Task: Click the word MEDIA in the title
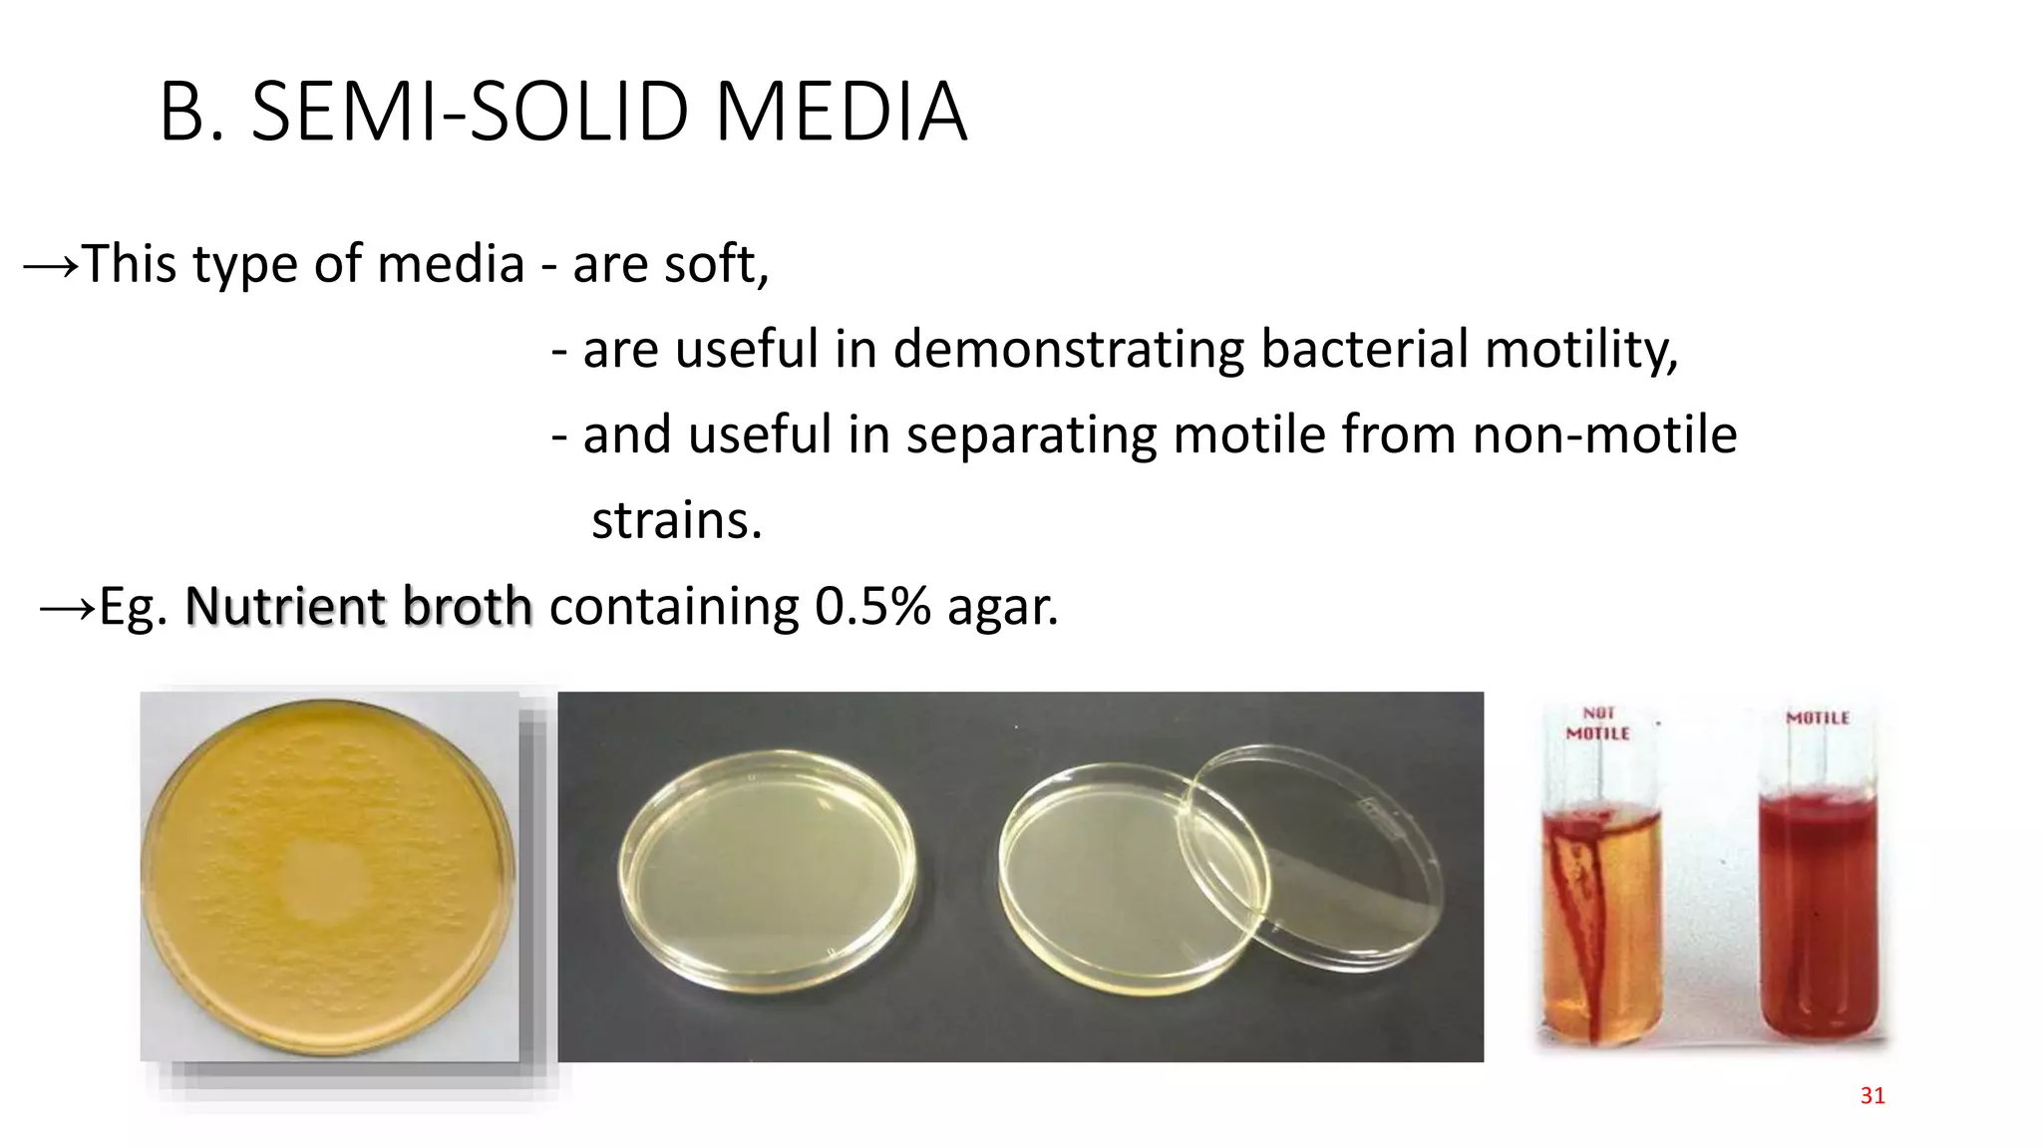(x=841, y=112)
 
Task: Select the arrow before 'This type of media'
(x=50, y=266)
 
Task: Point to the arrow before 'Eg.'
(x=67, y=607)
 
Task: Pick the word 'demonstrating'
(x=1068, y=350)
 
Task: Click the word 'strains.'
(x=677, y=520)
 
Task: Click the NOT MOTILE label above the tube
(x=1597, y=723)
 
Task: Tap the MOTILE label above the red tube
(x=1817, y=717)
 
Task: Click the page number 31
(x=1872, y=1096)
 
